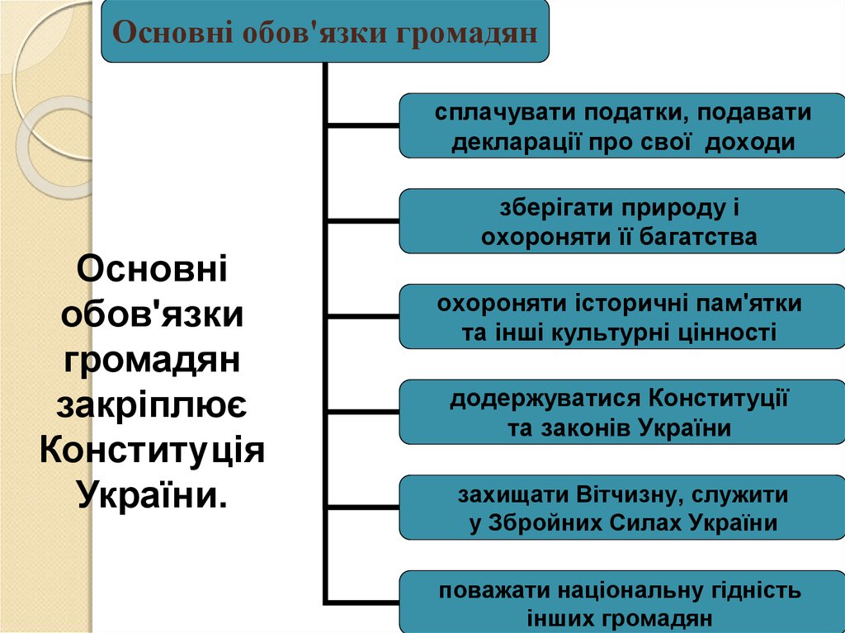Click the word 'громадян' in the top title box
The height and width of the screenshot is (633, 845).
click(x=467, y=32)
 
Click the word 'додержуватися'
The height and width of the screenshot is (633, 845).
click(x=545, y=399)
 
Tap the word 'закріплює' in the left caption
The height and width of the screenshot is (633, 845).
click(x=152, y=405)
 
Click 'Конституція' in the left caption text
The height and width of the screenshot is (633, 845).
click(x=152, y=450)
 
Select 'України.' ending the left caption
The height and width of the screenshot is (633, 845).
click(x=152, y=494)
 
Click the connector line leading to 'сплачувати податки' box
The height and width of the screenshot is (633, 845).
click(x=363, y=125)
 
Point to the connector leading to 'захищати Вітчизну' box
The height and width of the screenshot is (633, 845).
click(x=363, y=507)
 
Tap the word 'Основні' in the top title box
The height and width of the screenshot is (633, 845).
click(x=173, y=32)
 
